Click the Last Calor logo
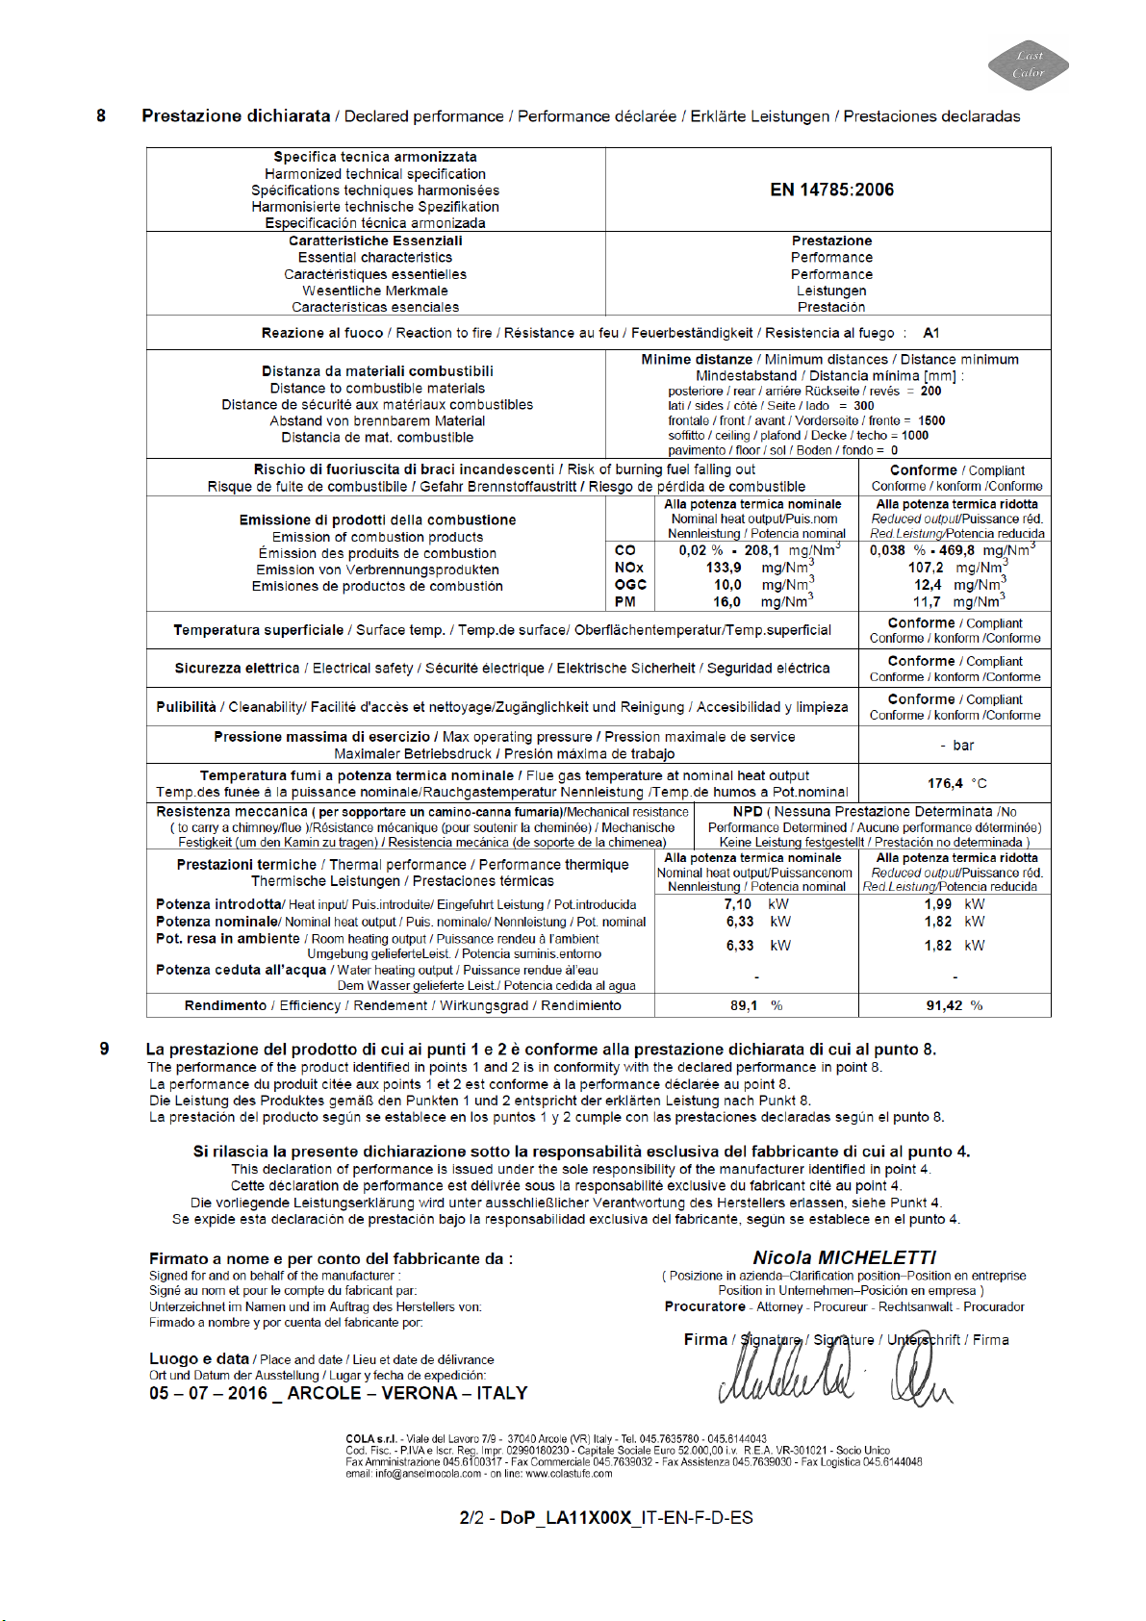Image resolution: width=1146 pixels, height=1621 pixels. pyautogui.click(x=1028, y=64)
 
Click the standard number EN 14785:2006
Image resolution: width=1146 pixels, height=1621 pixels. pyautogui.click(x=831, y=190)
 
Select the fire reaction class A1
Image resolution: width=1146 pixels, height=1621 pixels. pyautogui.click(x=930, y=333)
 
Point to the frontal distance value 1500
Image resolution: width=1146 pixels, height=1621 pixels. pyautogui.click(x=931, y=420)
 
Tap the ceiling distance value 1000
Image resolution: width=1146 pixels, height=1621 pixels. pyautogui.click(x=914, y=435)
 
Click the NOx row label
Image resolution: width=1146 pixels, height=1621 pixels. pyautogui.click(x=629, y=568)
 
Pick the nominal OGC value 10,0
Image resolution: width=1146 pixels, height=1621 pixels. pyautogui.click(x=727, y=584)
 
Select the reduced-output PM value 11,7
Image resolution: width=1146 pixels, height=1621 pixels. pyautogui.click(x=927, y=601)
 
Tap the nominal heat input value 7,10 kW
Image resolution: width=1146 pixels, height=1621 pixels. pyautogui.click(x=738, y=903)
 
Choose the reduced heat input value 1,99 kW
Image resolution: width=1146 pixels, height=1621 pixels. pyautogui.click(x=938, y=903)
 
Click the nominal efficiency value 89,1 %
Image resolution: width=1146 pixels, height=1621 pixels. pyautogui.click(x=744, y=1005)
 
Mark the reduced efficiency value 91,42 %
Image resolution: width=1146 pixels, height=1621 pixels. pyautogui.click(x=944, y=1005)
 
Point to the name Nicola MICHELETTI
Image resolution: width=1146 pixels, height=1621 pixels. pyautogui.click(x=844, y=1257)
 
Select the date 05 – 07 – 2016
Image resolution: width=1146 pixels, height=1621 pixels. pyautogui.click(x=208, y=1393)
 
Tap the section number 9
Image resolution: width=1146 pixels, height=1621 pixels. pyautogui.click(x=104, y=1049)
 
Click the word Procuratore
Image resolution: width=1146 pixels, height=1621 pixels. pyautogui.click(x=704, y=1306)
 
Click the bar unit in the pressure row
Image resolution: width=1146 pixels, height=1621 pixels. pyautogui.click(x=963, y=745)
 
